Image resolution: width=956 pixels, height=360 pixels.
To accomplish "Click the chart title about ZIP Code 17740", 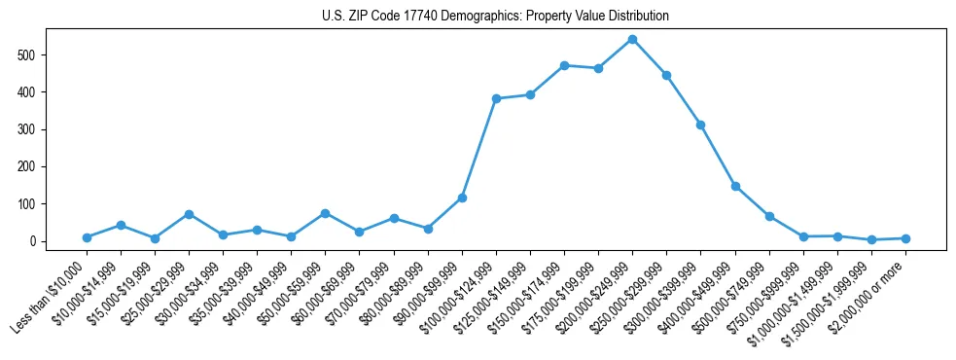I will click(x=495, y=17).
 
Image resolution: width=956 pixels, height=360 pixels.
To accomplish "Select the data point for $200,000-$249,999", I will click(x=632, y=39).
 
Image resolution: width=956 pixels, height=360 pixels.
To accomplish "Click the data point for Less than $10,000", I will click(x=87, y=237).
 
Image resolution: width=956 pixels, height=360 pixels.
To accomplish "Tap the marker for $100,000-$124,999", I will click(x=496, y=98).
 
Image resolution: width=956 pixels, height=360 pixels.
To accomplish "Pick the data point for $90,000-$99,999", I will click(x=462, y=198).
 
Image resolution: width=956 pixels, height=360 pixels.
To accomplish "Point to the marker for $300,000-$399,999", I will click(x=700, y=125).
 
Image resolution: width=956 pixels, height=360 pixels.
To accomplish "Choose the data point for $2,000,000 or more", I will click(x=905, y=238).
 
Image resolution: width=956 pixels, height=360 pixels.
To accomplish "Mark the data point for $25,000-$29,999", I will click(x=189, y=214).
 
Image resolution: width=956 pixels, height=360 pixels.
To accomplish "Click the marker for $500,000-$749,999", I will click(x=769, y=216).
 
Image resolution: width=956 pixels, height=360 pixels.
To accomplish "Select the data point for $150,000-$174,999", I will click(x=564, y=65).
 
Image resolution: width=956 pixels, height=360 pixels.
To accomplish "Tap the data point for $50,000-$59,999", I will click(x=325, y=213).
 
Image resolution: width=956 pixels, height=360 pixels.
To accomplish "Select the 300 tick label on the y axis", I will click(x=30, y=129).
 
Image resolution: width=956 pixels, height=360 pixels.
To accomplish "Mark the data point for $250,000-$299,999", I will click(x=666, y=75).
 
